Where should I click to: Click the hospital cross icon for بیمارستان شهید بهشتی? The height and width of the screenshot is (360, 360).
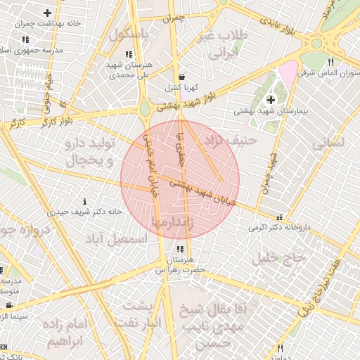point(271,101)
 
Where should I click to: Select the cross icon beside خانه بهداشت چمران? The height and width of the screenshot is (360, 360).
point(47,13)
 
